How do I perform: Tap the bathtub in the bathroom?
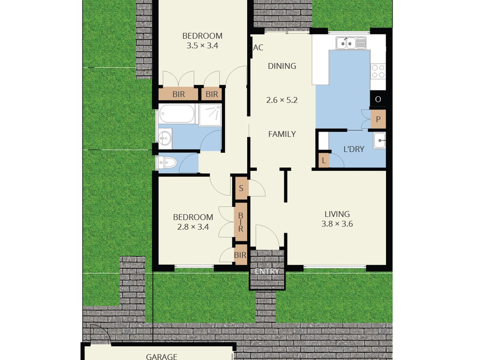tap(177, 114)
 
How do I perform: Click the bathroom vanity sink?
tap(164, 138)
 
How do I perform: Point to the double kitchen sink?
tap(351, 42)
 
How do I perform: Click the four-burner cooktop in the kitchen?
tap(378, 72)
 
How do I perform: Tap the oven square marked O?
tap(378, 99)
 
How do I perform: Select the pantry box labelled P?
tap(378, 119)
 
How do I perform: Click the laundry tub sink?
tap(379, 140)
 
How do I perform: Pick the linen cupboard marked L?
tap(324, 160)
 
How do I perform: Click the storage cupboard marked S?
tap(241, 188)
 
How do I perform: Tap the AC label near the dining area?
tap(258, 48)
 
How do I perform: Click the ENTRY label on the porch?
tap(267, 272)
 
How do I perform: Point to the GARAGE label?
tap(161, 356)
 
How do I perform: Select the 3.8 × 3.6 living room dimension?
tap(337, 224)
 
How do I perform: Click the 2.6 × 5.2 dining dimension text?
tap(282, 100)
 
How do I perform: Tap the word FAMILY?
tap(282, 134)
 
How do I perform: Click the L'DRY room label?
tap(354, 149)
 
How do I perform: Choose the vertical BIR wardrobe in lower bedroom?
tap(241, 222)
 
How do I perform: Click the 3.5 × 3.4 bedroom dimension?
tap(202, 46)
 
